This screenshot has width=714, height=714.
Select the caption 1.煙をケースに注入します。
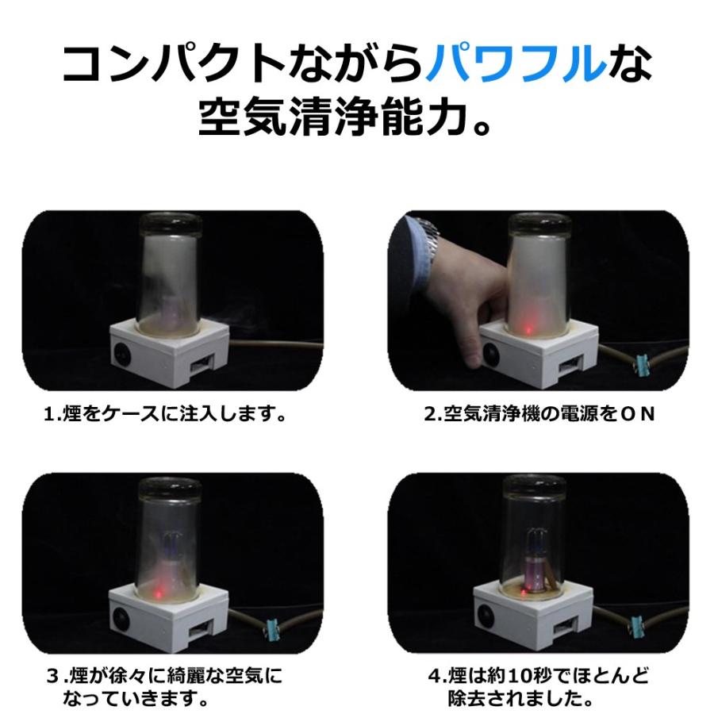(164, 414)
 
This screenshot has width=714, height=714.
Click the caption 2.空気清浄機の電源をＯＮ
(540, 414)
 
